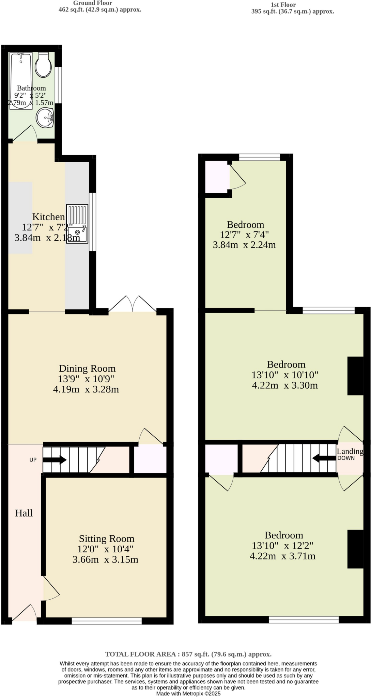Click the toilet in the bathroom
coord(44,65)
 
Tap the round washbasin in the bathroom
coord(45,118)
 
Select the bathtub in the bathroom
coord(21,80)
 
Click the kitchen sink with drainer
coord(77,224)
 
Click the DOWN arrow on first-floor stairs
coord(324,458)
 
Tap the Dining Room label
coord(87,369)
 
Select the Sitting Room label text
coord(107,539)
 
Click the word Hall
coord(24,513)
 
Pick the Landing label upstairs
coord(350,451)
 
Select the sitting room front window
coord(107,621)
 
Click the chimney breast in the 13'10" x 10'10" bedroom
coord(355,376)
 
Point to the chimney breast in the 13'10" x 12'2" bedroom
coord(355,549)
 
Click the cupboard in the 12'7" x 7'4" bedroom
coord(217,177)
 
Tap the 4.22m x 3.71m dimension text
coord(282,556)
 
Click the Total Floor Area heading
coord(188,654)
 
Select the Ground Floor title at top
coord(93,3)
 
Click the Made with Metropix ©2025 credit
coord(188,693)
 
